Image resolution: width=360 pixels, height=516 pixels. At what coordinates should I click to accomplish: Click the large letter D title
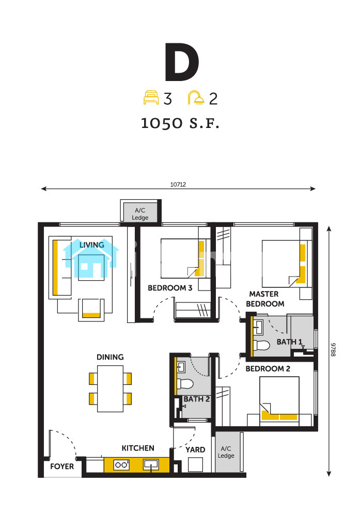pyautogui.click(x=182, y=62)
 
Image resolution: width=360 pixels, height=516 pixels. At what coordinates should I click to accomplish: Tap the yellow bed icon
pyautogui.click(x=151, y=98)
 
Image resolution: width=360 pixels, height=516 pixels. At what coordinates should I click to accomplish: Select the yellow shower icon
pyautogui.click(x=196, y=98)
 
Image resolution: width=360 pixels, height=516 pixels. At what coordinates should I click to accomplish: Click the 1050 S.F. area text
pyautogui.click(x=180, y=123)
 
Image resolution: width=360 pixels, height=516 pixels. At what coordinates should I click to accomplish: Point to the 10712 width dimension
pyautogui.click(x=178, y=185)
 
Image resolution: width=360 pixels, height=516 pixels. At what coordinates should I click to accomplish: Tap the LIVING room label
pyautogui.click(x=91, y=245)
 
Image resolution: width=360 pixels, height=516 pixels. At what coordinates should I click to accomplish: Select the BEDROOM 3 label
pyautogui.click(x=170, y=288)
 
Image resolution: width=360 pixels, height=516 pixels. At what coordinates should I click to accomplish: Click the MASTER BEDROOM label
pyautogui.click(x=265, y=299)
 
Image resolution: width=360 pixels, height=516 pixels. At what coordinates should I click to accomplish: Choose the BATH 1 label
pyautogui.click(x=290, y=342)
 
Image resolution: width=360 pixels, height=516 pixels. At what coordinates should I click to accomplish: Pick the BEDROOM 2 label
pyautogui.click(x=268, y=369)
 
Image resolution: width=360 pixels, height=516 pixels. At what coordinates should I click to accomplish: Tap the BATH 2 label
pyautogui.click(x=197, y=399)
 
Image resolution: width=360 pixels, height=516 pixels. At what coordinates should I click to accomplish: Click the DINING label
pyautogui.click(x=110, y=357)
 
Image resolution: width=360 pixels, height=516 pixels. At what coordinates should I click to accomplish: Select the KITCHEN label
pyautogui.click(x=138, y=448)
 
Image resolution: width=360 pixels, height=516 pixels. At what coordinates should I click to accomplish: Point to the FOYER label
pyautogui.click(x=62, y=466)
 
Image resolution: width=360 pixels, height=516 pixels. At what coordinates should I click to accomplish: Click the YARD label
pyautogui.click(x=195, y=450)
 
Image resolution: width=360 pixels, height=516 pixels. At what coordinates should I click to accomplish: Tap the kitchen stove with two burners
pyautogui.click(x=121, y=465)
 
